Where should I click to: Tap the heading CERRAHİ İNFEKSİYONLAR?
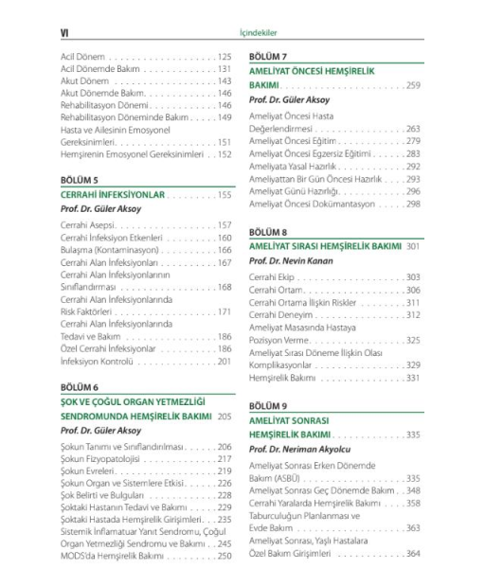[x=114, y=195]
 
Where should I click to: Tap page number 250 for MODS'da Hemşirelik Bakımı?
[x=225, y=557]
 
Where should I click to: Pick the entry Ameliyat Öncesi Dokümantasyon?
[x=312, y=204]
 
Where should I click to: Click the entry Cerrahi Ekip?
[x=274, y=277]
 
